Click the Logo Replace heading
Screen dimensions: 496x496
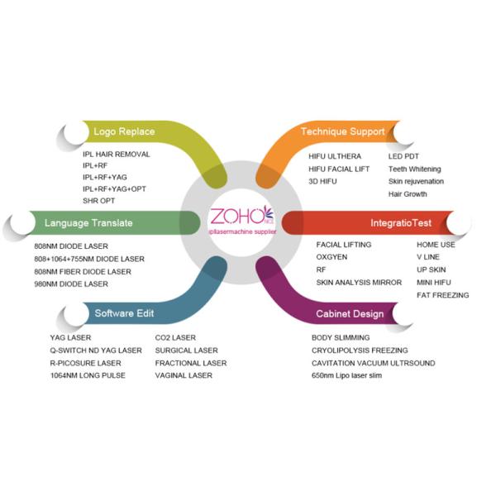124,132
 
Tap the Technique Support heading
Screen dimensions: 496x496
342,131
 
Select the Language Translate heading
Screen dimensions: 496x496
88,223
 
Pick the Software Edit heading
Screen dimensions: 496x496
124,314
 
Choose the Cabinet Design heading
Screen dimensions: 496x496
350,314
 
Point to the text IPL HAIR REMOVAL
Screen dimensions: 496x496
117,155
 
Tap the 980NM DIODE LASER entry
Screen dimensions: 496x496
70,284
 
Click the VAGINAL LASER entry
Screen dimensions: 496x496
184,375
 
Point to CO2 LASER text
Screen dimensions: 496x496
175,338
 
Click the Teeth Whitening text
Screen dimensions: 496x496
415,169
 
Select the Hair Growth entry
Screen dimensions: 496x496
408,194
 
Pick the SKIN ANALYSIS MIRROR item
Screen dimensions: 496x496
359,283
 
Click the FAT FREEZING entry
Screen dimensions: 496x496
442,295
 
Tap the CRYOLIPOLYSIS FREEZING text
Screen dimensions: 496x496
360,351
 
